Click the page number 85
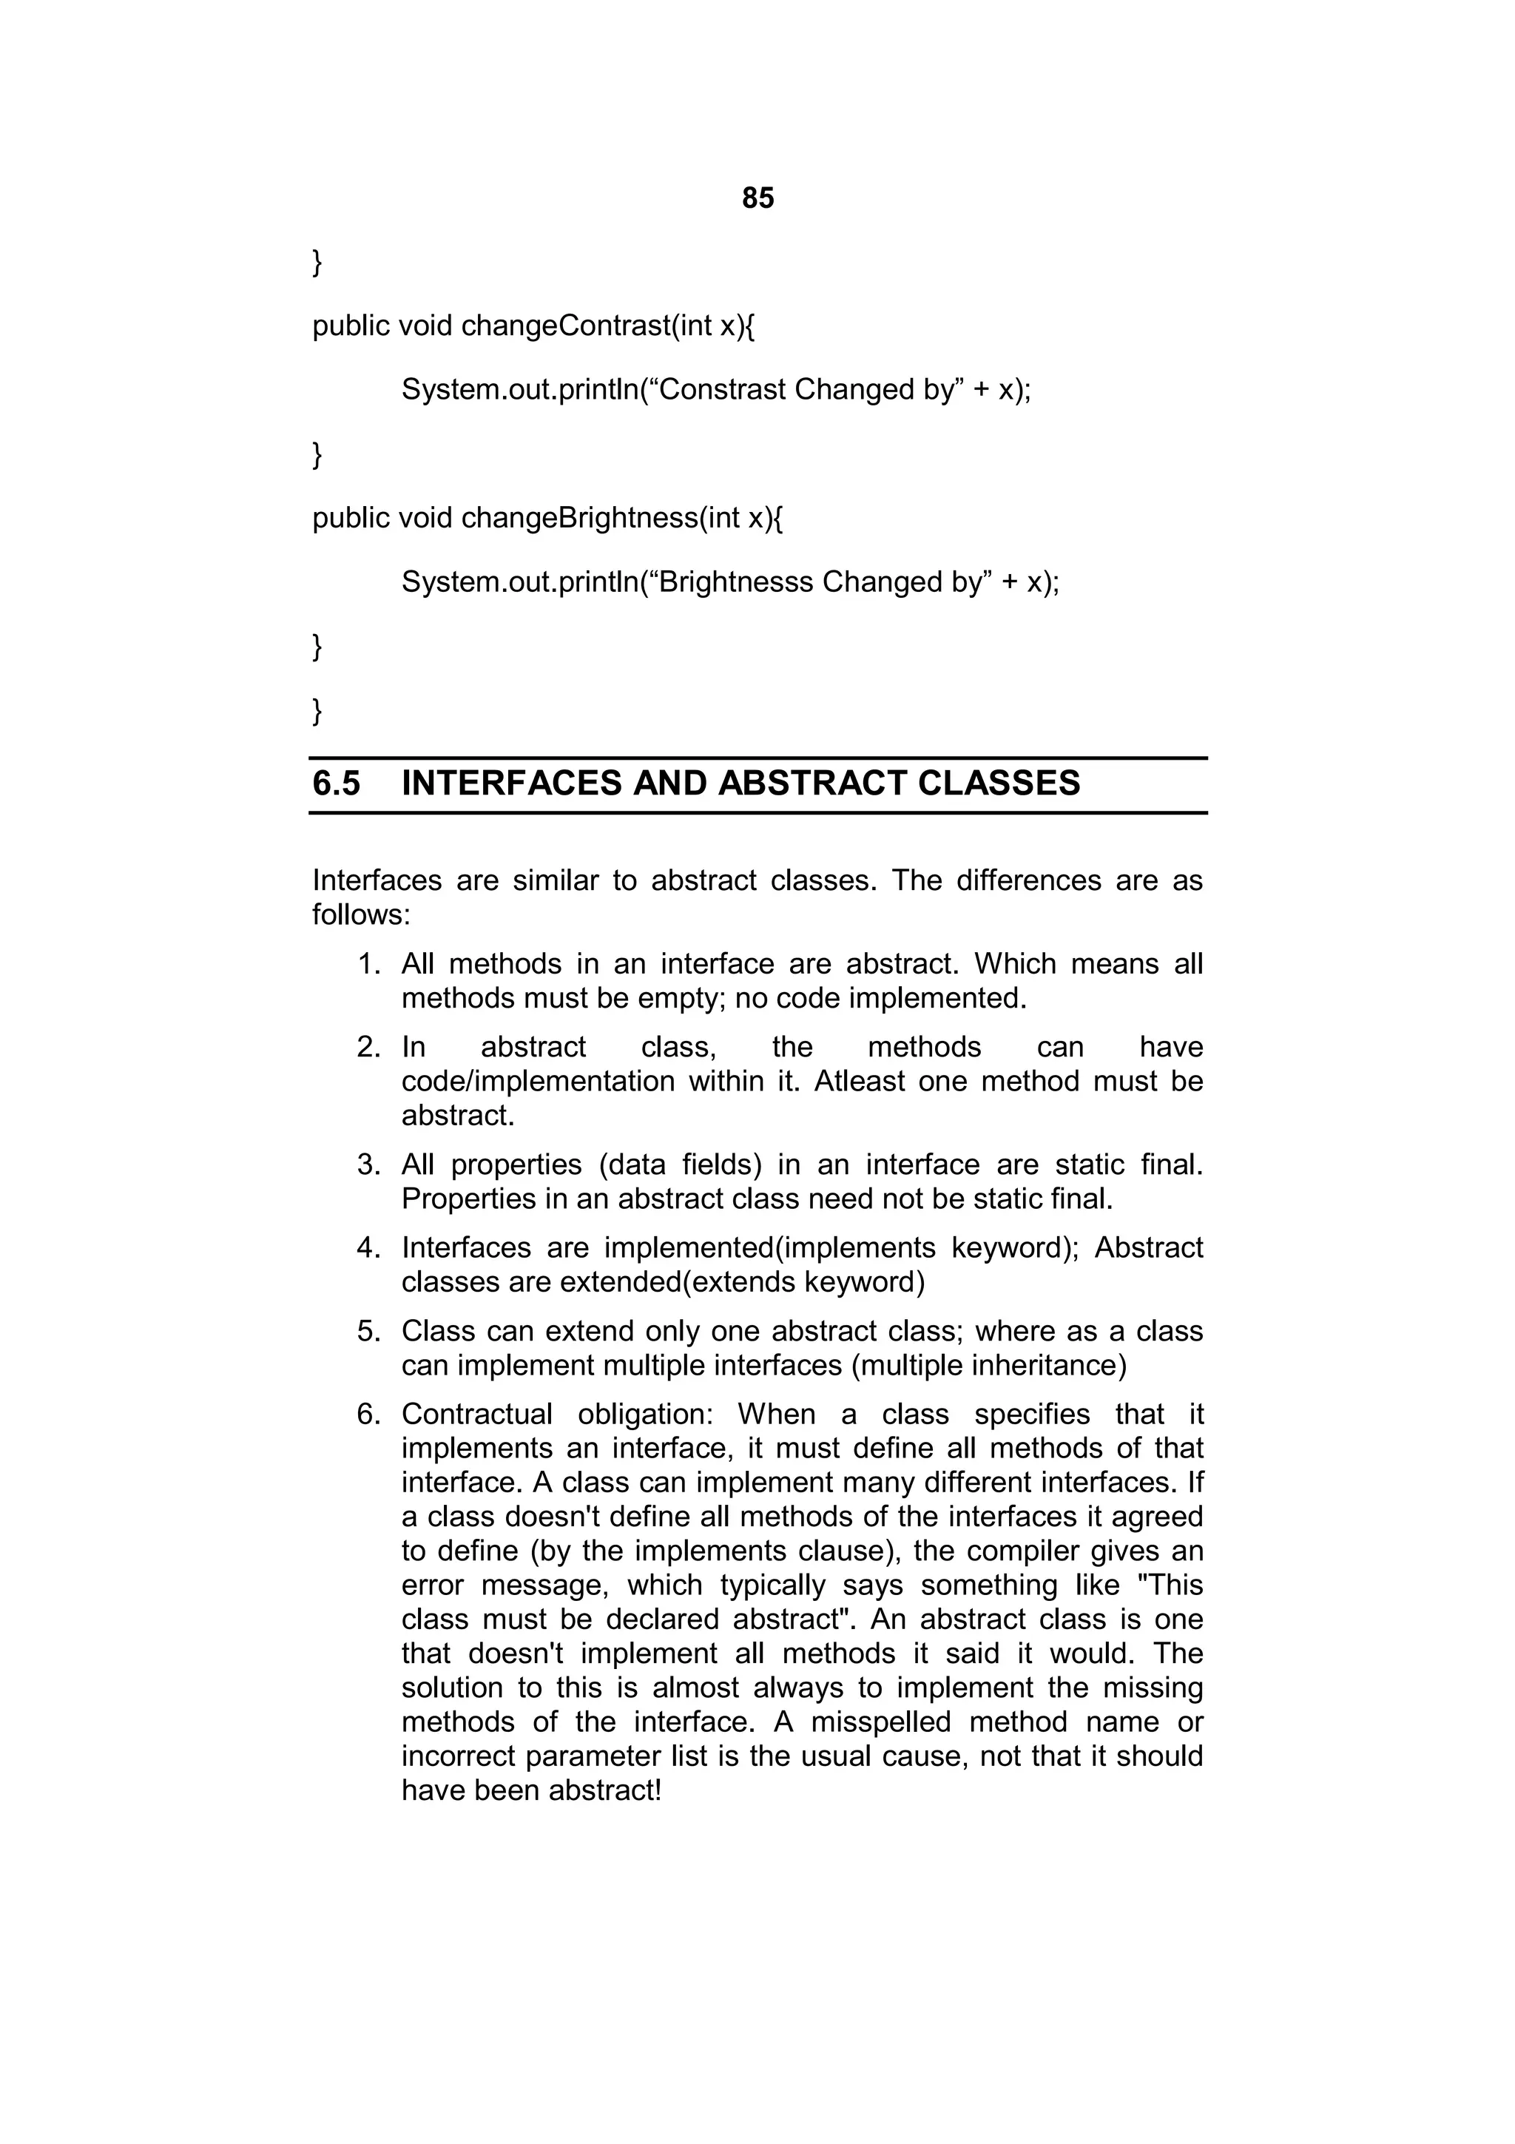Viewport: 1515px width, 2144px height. click(x=757, y=198)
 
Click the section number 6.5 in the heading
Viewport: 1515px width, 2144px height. click(x=336, y=783)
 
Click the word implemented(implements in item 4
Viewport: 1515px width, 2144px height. click(x=769, y=1247)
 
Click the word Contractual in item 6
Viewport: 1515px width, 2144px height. click(x=476, y=1414)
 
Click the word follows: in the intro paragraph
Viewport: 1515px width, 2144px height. click(x=360, y=914)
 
